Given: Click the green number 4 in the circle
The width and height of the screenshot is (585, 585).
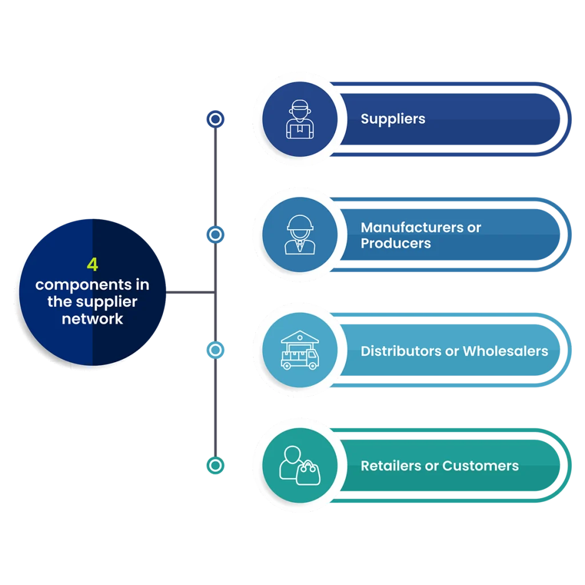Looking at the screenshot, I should coord(93,265).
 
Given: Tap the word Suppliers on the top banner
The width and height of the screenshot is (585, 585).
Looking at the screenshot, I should coord(393,119).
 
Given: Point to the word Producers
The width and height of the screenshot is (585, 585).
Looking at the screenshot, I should coord(395,243).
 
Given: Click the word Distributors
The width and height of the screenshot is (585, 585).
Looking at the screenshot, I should coord(400,351).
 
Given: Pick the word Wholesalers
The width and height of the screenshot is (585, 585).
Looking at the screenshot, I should coord(505,351).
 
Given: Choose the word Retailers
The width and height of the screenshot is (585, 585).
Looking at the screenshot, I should coord(391,466).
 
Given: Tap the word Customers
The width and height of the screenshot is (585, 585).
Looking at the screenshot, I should coord(480,466).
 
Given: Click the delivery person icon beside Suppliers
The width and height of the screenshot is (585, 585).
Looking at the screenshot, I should coord(299,120).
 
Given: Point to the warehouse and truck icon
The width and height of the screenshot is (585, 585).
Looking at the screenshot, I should coord(299,350).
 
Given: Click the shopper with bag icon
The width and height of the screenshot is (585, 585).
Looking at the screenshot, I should coord(299,465).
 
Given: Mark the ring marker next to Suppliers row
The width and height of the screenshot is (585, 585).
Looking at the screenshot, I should coord(215,119).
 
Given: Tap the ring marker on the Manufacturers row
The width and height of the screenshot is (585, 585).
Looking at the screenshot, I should coord(215,235).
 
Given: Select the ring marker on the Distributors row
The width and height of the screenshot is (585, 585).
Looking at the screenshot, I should coord(215,350).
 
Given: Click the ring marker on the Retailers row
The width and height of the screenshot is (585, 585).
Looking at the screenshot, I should coord(215,466).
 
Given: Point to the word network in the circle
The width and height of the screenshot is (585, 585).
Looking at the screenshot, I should coord(93,319).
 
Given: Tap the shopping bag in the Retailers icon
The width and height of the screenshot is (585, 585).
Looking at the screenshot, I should coord(308,474).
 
